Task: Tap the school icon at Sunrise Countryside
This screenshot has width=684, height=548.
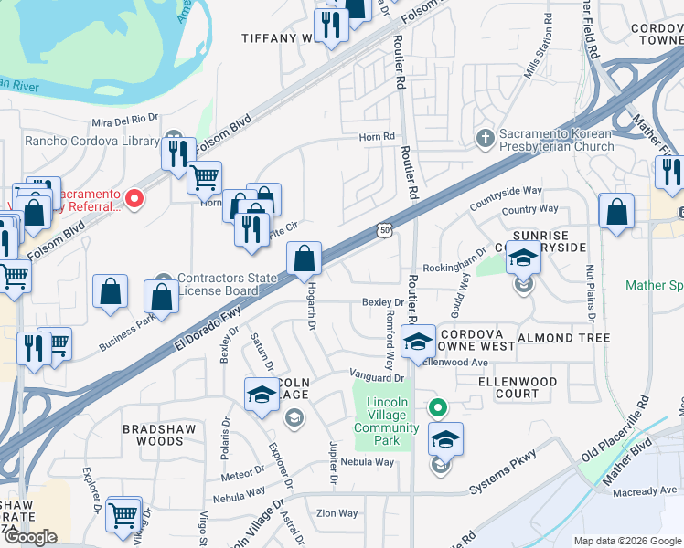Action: point(523,258)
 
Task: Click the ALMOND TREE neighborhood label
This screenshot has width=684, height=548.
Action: point(563,338)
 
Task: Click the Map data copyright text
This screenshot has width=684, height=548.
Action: point(627,541)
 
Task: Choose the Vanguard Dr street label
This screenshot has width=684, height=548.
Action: point(376,376)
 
